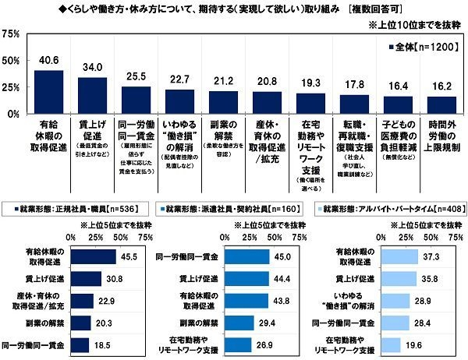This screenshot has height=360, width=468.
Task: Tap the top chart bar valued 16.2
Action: tap(442, 104)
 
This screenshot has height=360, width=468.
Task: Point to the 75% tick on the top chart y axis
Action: tap(11, 34)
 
